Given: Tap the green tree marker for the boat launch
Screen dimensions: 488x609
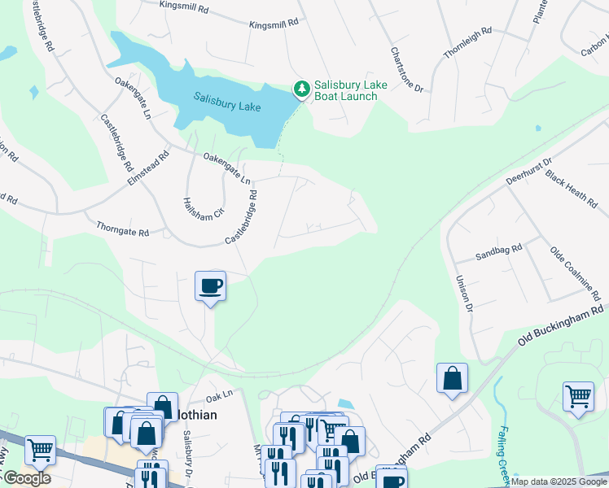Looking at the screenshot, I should [x=302, y=88].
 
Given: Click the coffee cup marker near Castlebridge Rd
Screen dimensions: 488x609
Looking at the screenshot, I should [x=210, y=286].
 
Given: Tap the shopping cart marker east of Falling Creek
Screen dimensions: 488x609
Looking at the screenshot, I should [x=578, y=397].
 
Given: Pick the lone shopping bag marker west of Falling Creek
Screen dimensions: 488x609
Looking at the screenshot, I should [x=452, y=378].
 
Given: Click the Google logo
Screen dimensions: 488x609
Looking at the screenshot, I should [x=27, y=478].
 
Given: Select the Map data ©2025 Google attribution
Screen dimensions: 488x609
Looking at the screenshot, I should [x=558, y=481].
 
